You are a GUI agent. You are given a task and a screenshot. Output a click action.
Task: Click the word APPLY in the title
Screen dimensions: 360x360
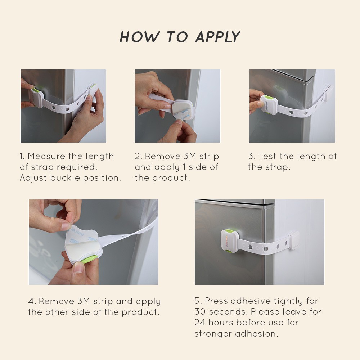tap(218, 37)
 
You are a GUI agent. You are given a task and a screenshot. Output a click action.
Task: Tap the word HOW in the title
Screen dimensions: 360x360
tap(139, 37)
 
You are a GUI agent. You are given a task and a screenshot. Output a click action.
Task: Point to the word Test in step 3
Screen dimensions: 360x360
tap(267, 156)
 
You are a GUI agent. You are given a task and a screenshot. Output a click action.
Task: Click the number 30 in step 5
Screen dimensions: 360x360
tap(201, 311)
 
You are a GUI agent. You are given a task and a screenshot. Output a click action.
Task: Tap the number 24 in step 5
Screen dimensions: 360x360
tap(200, 322)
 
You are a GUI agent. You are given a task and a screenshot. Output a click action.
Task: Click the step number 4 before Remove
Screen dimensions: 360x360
tap(32, 301)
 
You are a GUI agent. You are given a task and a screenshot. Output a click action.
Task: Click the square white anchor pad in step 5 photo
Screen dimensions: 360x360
tap(294, 240)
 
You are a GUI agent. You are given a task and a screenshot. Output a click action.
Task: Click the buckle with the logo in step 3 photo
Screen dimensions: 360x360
tap(269, 105)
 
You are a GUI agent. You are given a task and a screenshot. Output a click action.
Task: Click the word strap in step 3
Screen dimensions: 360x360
tap(278, 167)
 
